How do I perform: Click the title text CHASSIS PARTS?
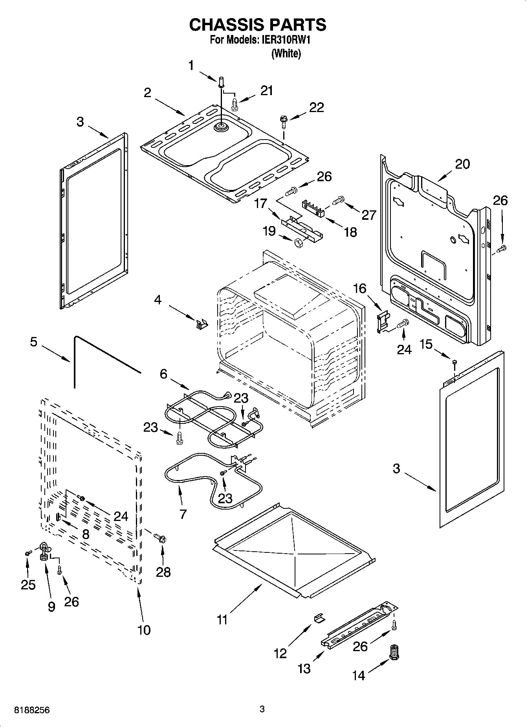(257, 25)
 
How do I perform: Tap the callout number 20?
(462, 164)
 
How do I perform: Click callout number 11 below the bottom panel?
(222, 620)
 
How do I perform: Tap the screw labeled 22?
(283, 120)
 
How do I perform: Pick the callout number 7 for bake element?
(183, 514)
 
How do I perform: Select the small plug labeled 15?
(455, 362)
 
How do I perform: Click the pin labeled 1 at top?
(221, 82)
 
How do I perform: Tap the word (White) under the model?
(286, 54)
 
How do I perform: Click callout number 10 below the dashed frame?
(144, 630)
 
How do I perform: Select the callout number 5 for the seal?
(34, 342)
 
